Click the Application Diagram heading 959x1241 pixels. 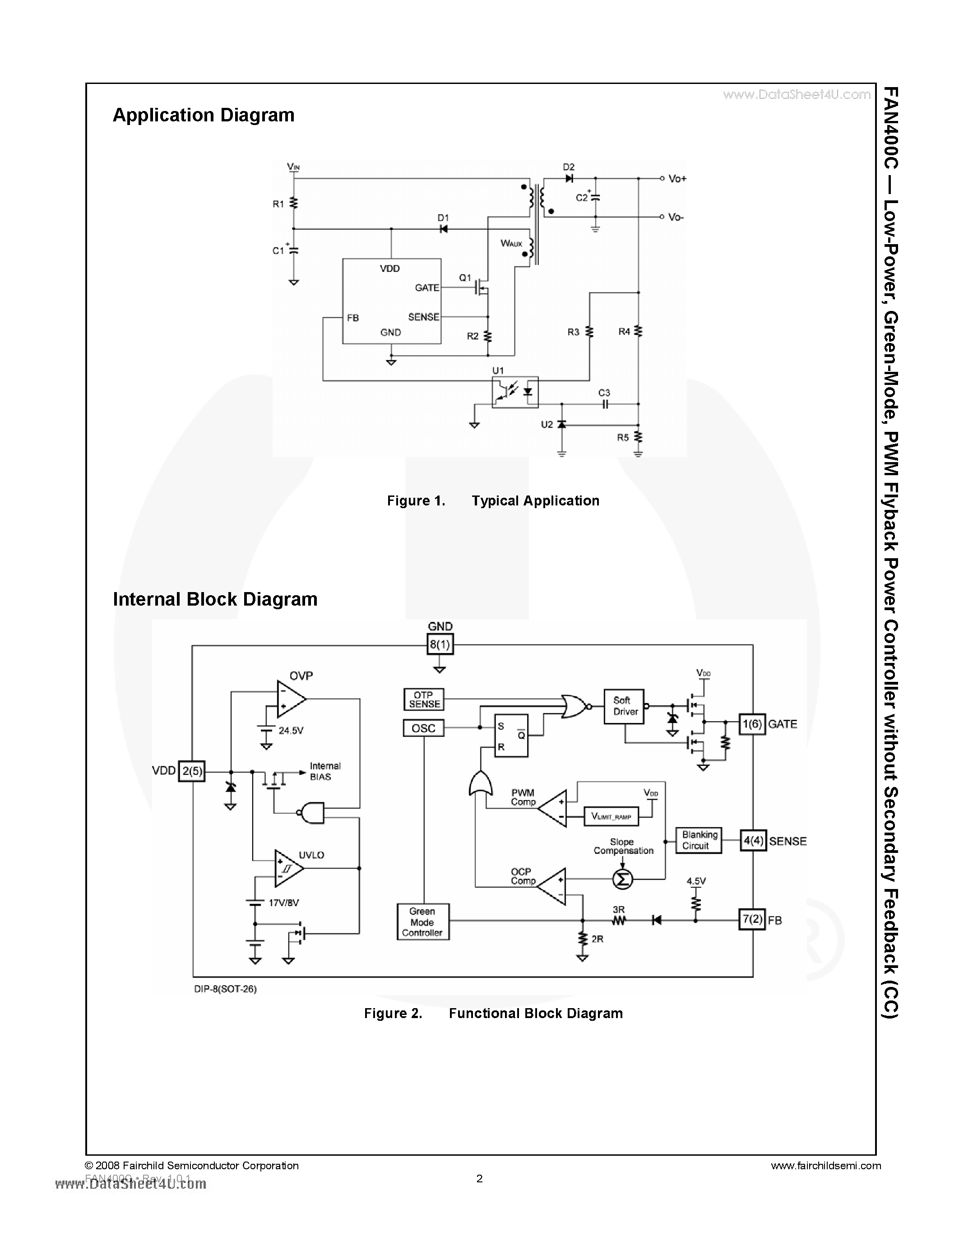(204, 116)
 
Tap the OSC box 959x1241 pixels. (423, 728)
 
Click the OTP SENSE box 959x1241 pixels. (424, 699)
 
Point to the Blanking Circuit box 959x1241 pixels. (698, 840)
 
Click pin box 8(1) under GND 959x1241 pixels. (440, 644)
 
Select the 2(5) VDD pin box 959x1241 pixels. (191, 771)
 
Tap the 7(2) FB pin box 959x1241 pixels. (752, 919)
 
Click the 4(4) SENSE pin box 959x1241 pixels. (753, 840)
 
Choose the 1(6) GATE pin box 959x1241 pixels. (752, 724)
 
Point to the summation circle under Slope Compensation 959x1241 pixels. (622, 879)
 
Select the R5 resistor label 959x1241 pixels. (623, 438)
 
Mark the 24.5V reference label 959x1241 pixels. (291, 731)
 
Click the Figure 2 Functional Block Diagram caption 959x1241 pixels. (493, 1013)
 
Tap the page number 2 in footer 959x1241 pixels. (479, 1178)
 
